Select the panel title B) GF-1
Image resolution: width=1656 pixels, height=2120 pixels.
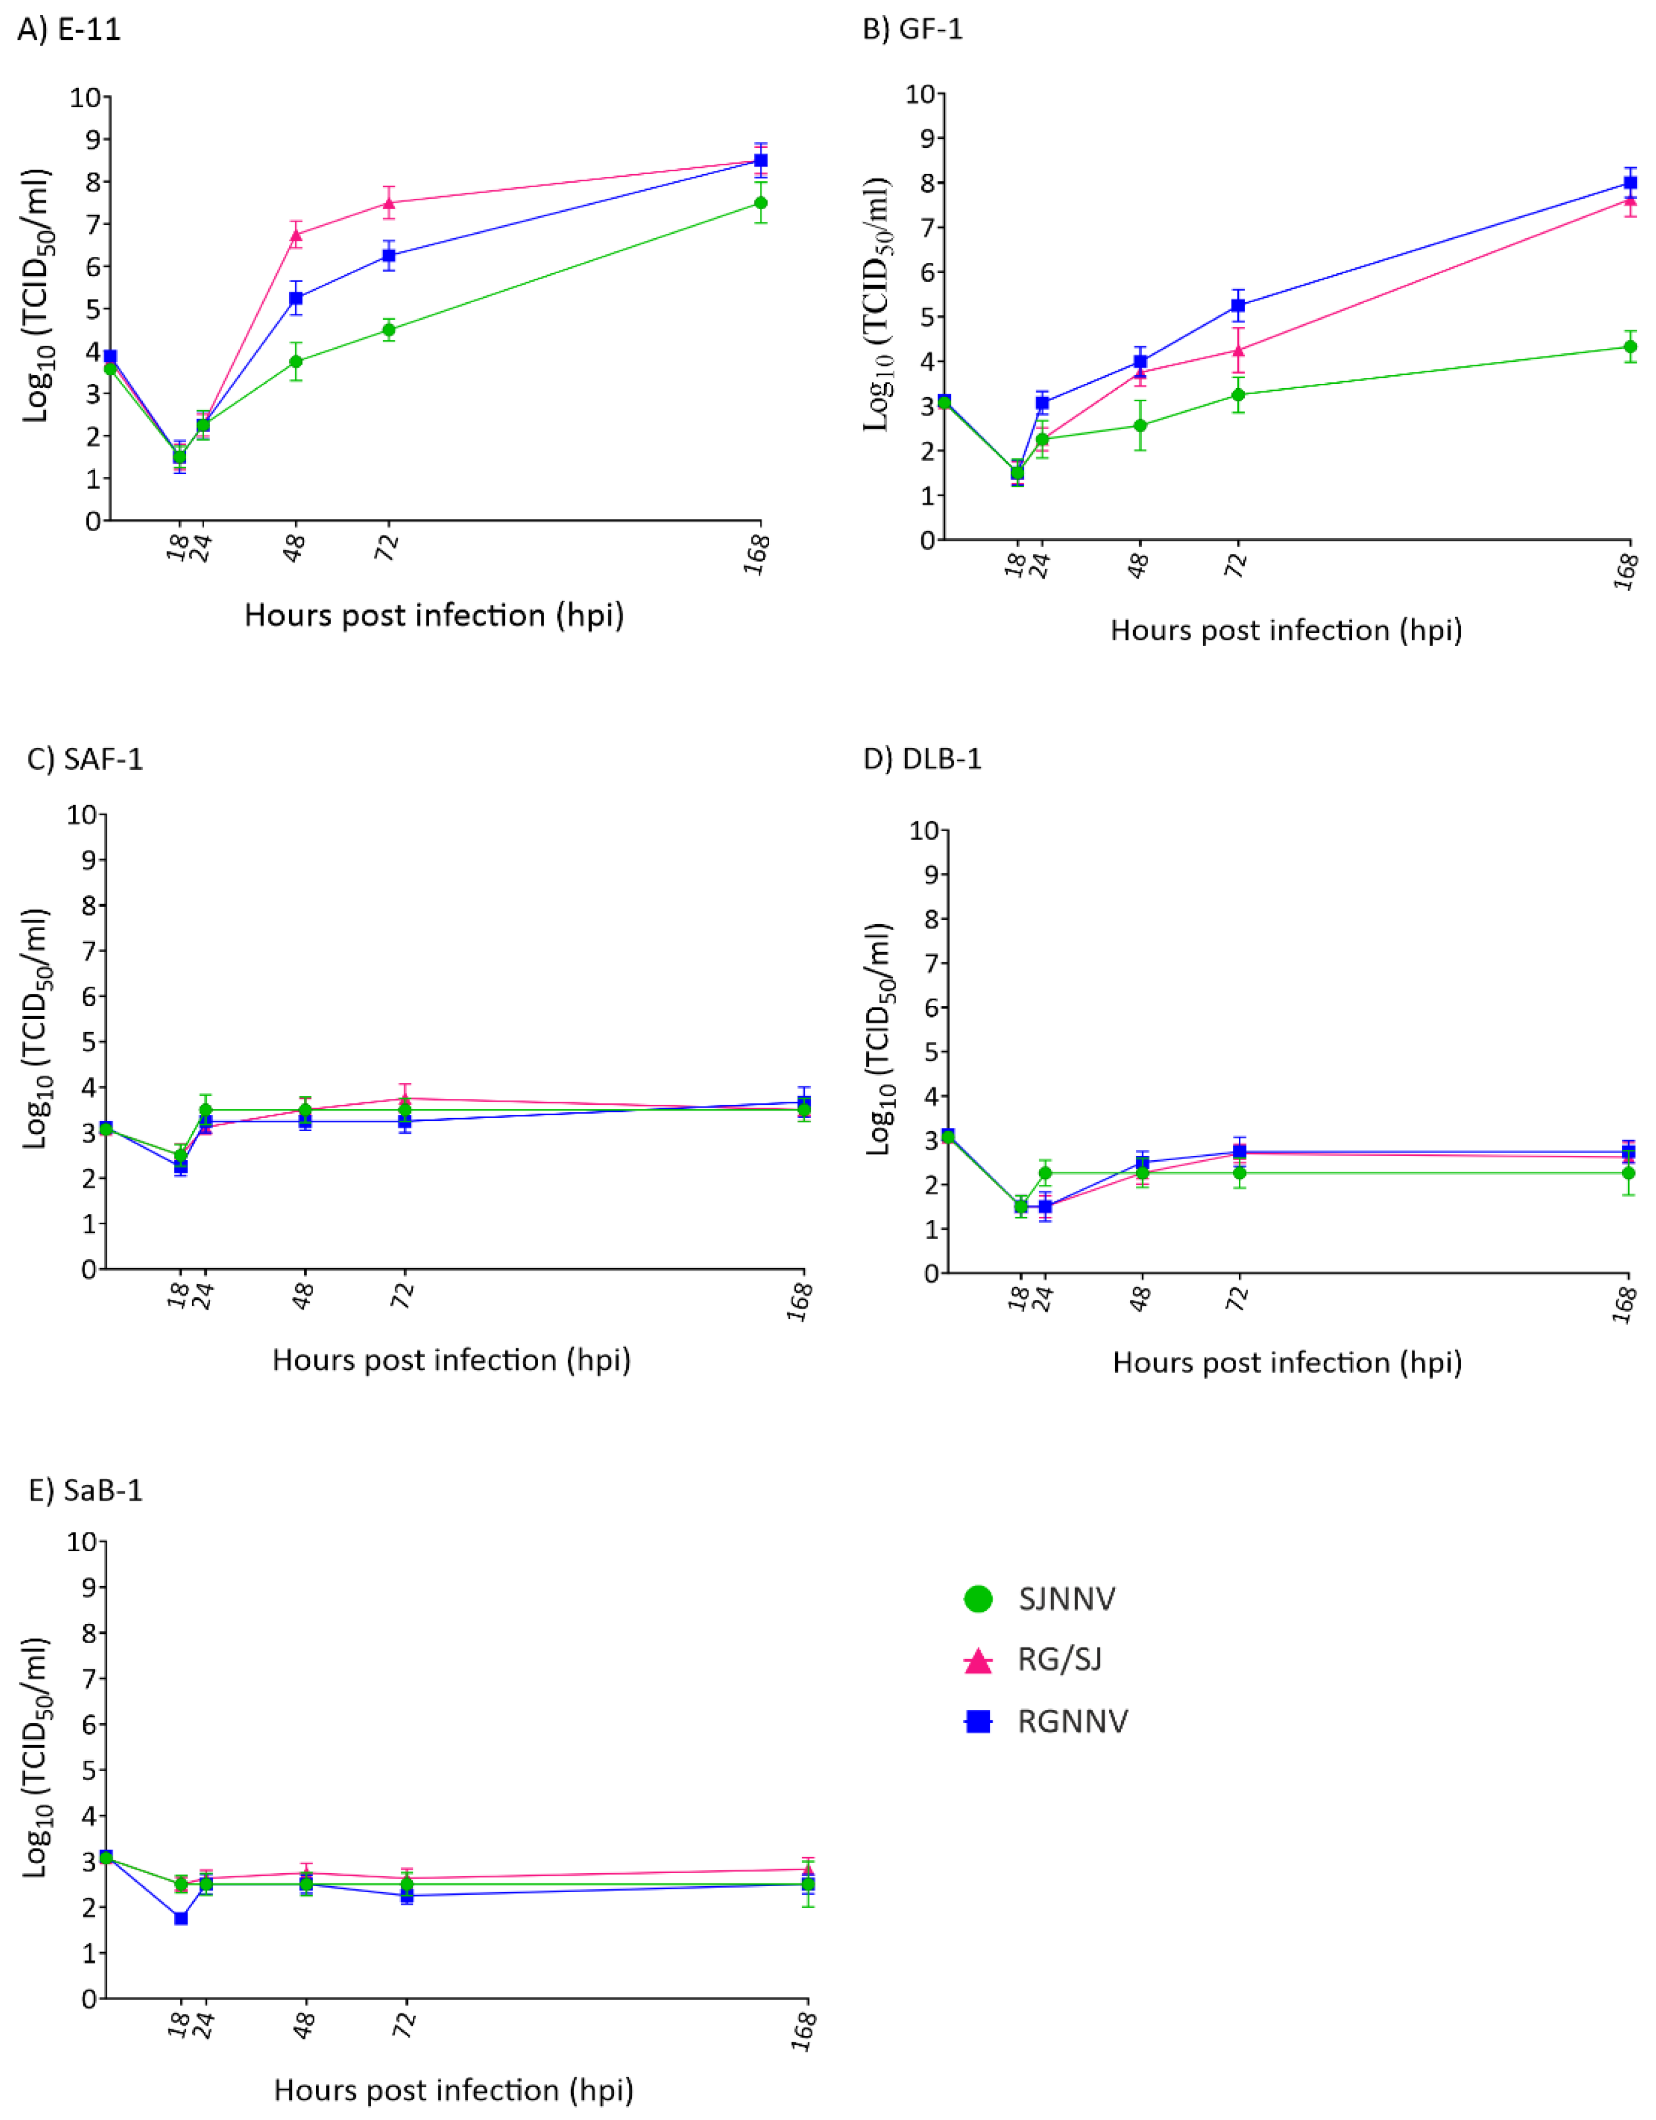(x=913, y=29)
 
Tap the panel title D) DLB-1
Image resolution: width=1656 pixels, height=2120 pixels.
(x=922, y=758)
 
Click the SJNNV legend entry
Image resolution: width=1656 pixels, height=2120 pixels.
(x=1066, y=1599)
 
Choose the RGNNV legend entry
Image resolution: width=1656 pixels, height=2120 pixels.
(x=1072, y=1721)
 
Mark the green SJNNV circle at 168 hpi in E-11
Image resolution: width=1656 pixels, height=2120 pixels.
(x=761, y=203)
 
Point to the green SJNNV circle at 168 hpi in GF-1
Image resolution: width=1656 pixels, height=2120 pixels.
(x=1631, y=347)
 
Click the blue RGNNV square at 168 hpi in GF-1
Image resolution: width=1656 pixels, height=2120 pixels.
(x=1631, y=182)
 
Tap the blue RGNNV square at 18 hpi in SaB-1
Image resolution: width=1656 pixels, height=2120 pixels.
(x=181, y=1918)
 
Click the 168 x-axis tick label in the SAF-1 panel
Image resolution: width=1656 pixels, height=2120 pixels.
(x=800, y=1301)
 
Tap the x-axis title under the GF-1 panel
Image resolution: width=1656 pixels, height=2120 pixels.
(x=1285, y=630)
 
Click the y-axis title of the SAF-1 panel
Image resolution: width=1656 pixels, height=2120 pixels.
(x=36, y=1029)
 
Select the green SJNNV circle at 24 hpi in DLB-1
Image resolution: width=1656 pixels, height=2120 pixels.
(x=1046, y=1173)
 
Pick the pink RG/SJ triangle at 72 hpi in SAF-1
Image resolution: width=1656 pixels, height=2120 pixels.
(x=405, y=1099)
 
